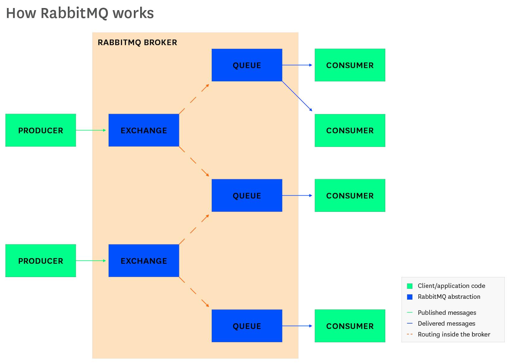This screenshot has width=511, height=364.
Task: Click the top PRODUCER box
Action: point(41,130)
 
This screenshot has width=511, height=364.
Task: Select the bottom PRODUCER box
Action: point(41,260)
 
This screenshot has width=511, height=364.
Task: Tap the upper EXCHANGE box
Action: point(144,130)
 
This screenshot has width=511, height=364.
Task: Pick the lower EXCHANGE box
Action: point(144,260)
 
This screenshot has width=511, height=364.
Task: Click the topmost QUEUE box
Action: point(247,65)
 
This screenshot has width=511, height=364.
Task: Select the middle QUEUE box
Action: point(247,195)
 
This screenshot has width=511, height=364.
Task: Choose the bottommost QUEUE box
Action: point(247,326)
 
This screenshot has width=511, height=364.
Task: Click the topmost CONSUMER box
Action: point(350,65)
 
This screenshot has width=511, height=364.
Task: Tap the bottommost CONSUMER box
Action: point(350,326)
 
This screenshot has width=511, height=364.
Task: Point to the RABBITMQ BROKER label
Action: point(137,43)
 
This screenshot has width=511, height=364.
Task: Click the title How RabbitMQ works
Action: point(80,13)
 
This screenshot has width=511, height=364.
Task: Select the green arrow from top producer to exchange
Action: point(90,130)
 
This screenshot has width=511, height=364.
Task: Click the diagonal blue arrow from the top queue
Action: point(297,96)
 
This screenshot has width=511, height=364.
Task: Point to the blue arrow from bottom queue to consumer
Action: point(297,326)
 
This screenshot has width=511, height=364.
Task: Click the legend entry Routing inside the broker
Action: point(454,334)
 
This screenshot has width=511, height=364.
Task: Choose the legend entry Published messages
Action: point(447,313)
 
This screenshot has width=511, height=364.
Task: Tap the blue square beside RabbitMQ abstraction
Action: point(410,297)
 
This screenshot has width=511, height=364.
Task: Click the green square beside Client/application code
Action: point(410,286)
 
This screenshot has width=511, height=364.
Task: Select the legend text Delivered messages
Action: point(446,324)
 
